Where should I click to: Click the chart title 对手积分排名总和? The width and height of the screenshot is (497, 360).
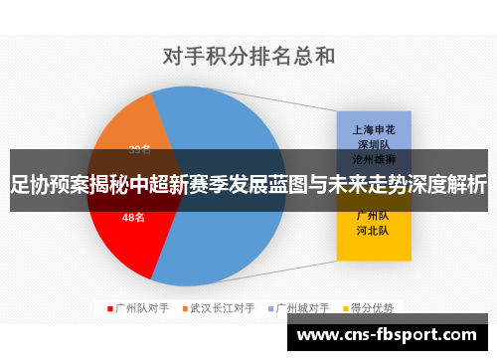point(248,56)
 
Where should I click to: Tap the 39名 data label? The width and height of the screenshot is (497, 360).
point(139,150)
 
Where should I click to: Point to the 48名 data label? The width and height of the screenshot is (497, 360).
point(134,217)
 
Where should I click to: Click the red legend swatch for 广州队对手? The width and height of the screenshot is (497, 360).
point(109,307)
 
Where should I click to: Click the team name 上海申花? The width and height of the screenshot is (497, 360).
point(373,128)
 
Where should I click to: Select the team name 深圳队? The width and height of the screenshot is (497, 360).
point(373,143)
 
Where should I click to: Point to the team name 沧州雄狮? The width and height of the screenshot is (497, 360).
point(373,158)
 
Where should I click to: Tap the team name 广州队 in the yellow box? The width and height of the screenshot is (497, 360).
point(373,215)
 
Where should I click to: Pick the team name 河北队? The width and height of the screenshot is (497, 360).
point(373,230)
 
